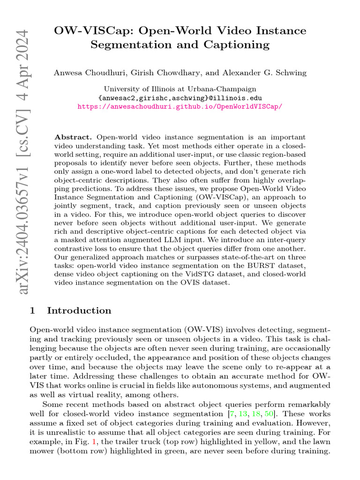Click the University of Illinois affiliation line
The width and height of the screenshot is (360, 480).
pos(180,89)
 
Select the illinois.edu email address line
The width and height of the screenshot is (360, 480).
pos(180,97)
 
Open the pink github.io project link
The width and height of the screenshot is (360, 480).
pos(180,106)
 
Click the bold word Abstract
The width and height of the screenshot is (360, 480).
pos(74,137)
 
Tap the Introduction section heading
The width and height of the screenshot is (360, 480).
pos(79,310)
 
